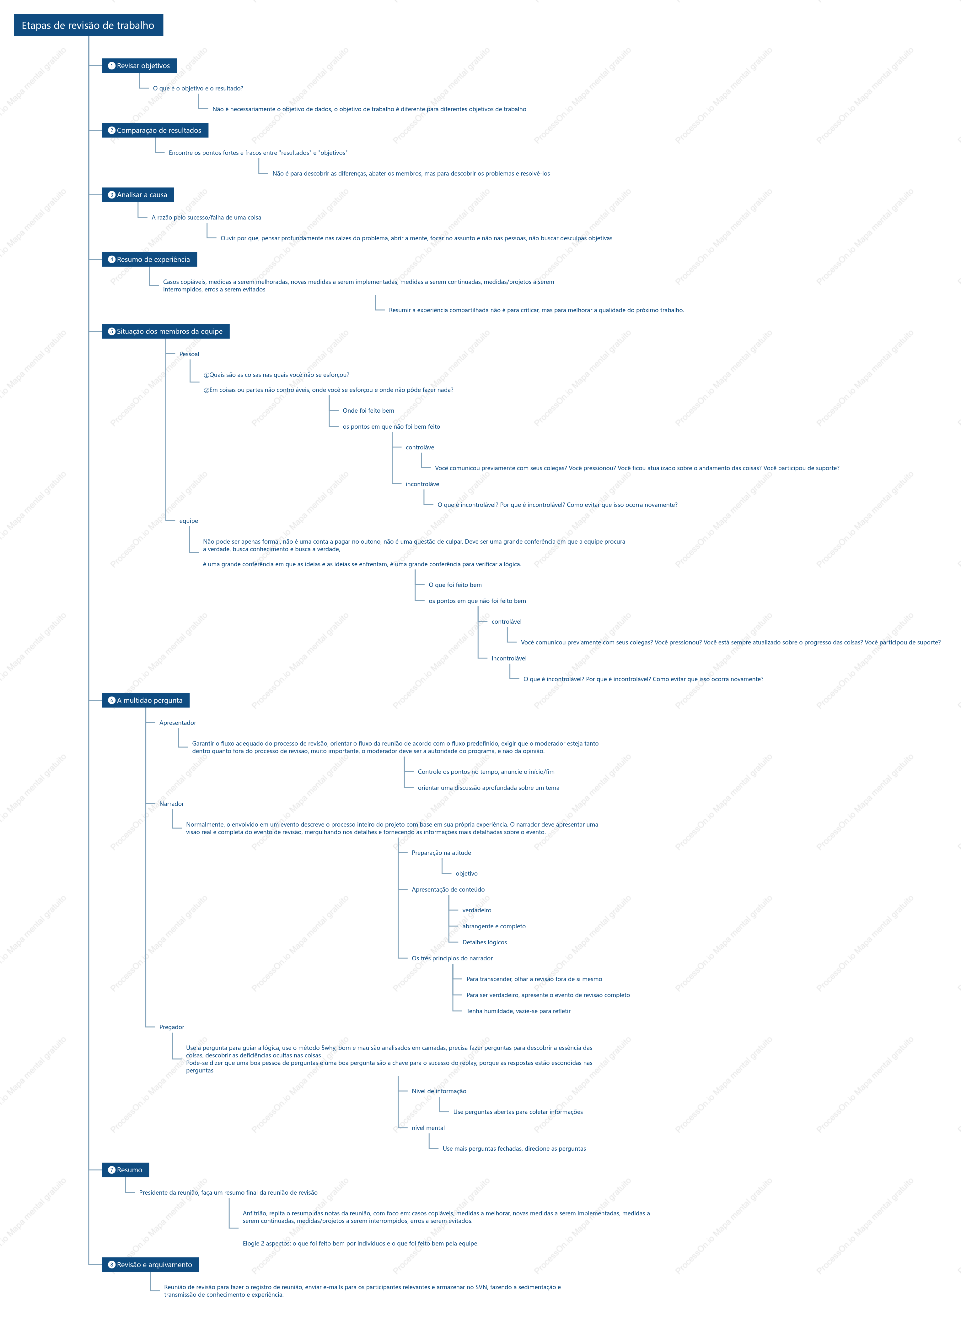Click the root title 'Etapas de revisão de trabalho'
(89, 25)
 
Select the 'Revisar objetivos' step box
(139, 66)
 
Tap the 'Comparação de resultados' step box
(155, 130)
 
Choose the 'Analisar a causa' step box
(138, 195)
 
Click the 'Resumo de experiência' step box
(149, 260)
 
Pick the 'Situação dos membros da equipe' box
(166, 331)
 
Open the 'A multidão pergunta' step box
(145, 700)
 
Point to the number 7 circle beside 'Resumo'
(112, 1170)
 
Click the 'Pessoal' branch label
(189, 354)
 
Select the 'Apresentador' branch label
(177, 723)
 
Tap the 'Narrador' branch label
(172, 804)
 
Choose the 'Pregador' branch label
(172, 1027)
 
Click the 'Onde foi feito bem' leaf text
(368, 410)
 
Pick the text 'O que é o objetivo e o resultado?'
(198, 89)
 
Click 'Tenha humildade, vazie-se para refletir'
(518, 1011)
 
